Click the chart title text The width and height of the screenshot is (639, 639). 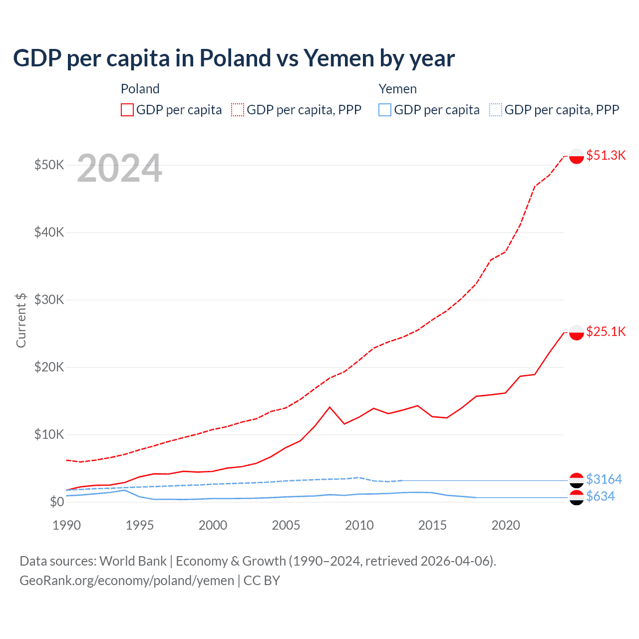[x=234, y=58]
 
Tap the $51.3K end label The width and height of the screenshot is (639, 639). [x=606, y=155]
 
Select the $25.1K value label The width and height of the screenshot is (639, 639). [x=606, y=331]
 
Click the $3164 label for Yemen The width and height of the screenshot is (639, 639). [x=604, y=479]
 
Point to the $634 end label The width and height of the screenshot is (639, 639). [x=600, y=496]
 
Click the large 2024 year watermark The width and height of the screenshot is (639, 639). [x=120, y=169]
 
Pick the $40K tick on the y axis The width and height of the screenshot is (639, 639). [x=49, y=232]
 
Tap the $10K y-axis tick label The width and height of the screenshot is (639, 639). [x=49, y=434]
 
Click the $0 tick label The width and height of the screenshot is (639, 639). [x=56, y=502]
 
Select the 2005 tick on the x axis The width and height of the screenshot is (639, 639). [x=286, y=525]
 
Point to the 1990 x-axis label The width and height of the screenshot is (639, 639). [x=66, y=525]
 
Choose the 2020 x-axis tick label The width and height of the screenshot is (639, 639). [x=506, y=525]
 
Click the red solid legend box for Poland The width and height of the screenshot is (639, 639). [x=127, y=110]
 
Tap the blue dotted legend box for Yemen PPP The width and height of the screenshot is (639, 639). [x=496, y=110]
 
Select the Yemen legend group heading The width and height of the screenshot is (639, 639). [x=397, y=89]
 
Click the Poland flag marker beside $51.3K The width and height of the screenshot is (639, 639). [x=577, y=156]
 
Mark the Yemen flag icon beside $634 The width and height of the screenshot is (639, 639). [x=577, y=497]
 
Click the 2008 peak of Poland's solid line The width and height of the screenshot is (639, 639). [x=329, y=407]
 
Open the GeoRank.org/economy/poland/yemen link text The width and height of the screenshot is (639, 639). [x=127, y=581]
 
